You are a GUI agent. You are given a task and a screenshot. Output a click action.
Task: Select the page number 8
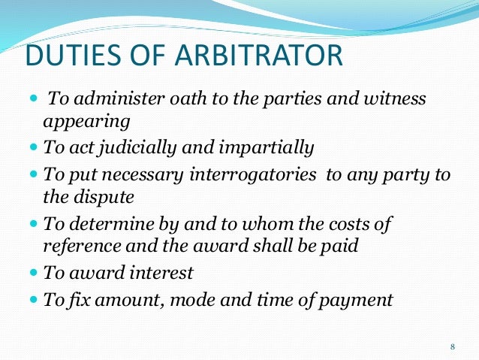(x=452, y=346)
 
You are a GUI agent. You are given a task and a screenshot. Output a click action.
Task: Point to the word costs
(x=350, y=223)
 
